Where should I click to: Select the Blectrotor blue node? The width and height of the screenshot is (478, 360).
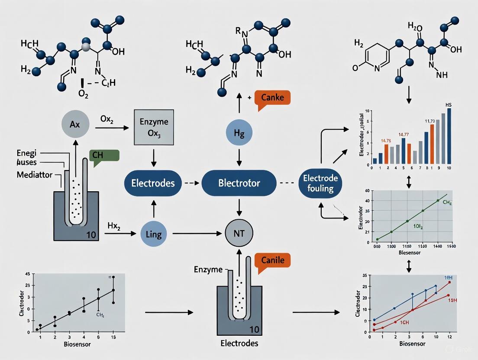239,183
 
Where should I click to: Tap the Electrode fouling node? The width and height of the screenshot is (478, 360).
318,183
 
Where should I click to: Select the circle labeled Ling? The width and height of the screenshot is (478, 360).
154,235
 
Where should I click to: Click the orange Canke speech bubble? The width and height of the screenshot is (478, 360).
273,97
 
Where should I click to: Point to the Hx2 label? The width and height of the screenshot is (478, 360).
113,225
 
